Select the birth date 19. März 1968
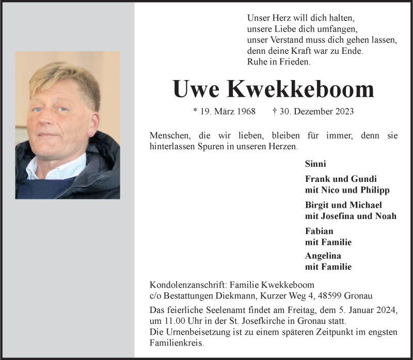224,111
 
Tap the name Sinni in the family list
315,164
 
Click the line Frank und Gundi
341,179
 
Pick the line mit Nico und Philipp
347,190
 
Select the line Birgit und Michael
343,205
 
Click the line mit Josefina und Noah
351,216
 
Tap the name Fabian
319,231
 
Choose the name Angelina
323,256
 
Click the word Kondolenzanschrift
187,285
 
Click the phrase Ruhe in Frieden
279,61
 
